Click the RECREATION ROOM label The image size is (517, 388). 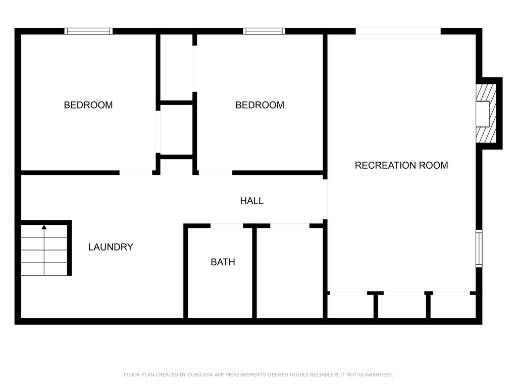coord(401,165)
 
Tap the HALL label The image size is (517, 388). coord(252,201)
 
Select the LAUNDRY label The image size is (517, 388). coord(111,247)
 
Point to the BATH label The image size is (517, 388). coord(223,262)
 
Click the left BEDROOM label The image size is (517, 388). coord(88,105)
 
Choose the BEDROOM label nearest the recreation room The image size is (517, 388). coord(260,105)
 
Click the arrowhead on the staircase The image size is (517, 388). coord(44,227)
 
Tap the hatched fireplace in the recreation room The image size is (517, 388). coord(486,114)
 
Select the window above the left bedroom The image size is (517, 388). coord(88,31)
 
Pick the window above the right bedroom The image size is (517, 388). coord(264,31)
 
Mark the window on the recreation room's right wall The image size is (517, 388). coord(479,249)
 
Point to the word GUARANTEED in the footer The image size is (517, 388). coord(376,375)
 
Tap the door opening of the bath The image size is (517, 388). coord(227,226)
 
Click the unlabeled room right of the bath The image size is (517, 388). coord(290,273)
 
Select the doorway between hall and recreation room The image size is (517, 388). coord(325,199)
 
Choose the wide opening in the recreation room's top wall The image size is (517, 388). coord(398,31)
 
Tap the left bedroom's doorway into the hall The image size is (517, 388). coord(136,173)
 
